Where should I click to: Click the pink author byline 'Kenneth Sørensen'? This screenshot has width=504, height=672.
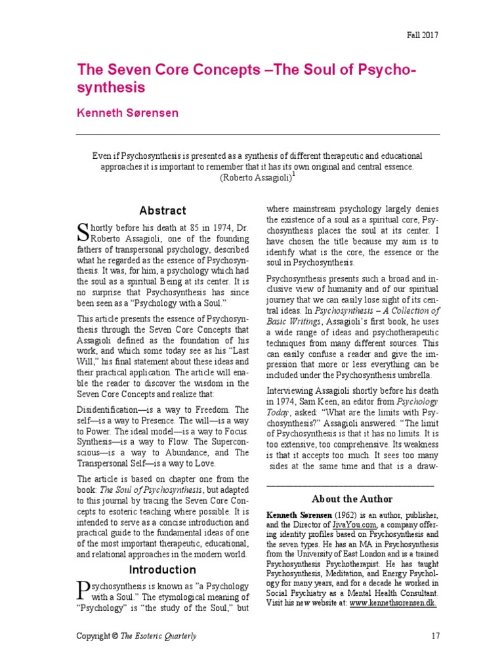pos(127,113)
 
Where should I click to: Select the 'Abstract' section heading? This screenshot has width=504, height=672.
pos(163,211)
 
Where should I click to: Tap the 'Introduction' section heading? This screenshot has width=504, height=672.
pos(162,569)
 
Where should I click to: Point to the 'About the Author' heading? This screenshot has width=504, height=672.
pos(352,499)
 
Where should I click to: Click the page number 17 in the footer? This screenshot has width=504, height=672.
pos(434,636)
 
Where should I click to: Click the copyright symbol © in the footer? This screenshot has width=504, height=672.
pos(112,636)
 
